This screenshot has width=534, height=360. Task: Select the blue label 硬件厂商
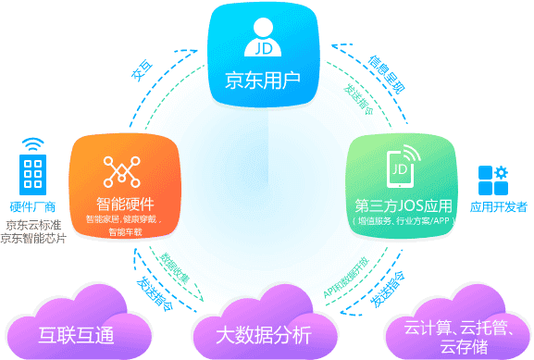(x=34, y=206)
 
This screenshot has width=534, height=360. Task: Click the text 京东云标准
(x=34, y=225)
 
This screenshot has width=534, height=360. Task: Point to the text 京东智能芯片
(x=34, y=239)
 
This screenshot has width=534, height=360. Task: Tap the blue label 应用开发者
(x=498, y=206)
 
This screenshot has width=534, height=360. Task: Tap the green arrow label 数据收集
(x=175, y=268)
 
